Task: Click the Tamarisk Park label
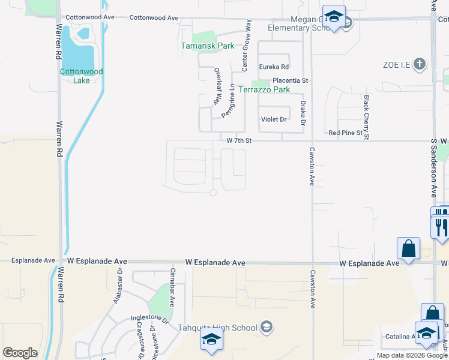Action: click(x=208, y=46)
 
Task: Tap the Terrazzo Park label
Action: click(x=264, y=90)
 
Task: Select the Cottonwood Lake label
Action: click(x=81, y=76)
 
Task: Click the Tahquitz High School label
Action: click(x=217, y=328)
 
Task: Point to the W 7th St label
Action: click(x=238, y=140)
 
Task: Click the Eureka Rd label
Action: click(x=274, y=67)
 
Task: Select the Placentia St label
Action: click(x=290, y=80)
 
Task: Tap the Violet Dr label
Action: click(x=273, y=119)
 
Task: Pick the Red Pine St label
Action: click(x=345, y=132)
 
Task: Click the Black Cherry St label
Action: click(x=365, y=117)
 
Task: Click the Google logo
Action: click(x=20, y=353)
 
